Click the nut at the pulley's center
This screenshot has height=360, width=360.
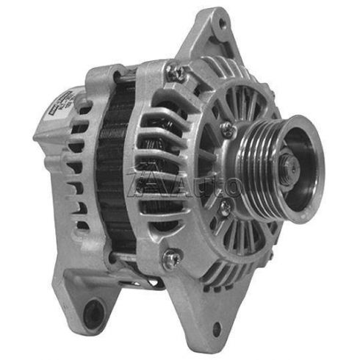click(287, 168)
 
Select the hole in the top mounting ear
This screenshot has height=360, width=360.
click(218, 26)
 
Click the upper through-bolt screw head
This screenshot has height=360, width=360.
click(173, 71)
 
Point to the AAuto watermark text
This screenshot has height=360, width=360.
click(184, 185)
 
